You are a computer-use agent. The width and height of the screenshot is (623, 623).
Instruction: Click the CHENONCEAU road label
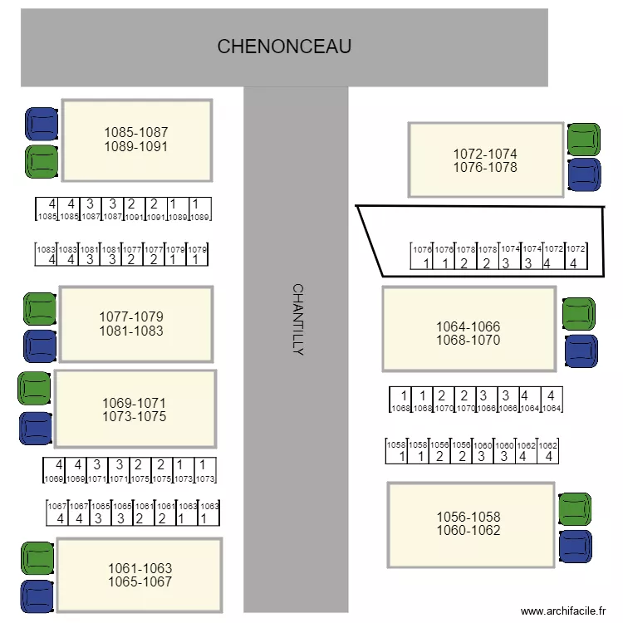coord(284,47)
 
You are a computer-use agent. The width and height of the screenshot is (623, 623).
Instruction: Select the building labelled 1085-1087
coord(136,140)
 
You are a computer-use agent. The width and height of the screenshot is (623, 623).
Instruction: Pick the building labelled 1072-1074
coord(485,160)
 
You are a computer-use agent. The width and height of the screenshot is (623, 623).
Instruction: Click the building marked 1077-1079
coord(135,324)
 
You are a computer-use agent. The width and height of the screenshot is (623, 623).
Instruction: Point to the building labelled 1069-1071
coord(135,410)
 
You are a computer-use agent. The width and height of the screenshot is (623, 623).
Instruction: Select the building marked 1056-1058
coord(470,524)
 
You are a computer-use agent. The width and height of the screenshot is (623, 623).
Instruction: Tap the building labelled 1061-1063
coord(140,575)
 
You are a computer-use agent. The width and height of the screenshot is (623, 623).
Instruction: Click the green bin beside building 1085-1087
coord(41,162)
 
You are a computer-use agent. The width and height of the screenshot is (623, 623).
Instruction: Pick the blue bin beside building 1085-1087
coord(42,124)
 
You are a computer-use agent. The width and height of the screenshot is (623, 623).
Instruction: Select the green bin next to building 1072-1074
coord(584,139)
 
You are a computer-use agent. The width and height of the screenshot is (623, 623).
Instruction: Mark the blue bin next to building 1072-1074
coord(584,174)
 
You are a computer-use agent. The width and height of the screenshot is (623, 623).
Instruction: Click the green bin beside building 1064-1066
coord(578,314)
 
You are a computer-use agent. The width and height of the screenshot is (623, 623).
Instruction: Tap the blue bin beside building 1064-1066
coord(581,351)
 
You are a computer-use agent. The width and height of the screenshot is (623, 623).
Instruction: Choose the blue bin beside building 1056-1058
coord(575,547)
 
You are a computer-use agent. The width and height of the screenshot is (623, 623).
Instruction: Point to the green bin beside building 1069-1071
coord(35,388)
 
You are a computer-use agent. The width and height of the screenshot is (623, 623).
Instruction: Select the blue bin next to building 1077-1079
coord(39,346)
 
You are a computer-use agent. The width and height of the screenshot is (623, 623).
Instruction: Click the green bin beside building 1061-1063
coord(37,558)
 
